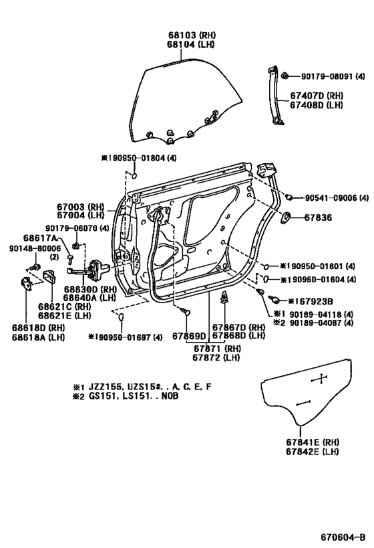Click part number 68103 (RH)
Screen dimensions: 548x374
(182, 34)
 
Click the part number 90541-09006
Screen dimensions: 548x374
(332, 198)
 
